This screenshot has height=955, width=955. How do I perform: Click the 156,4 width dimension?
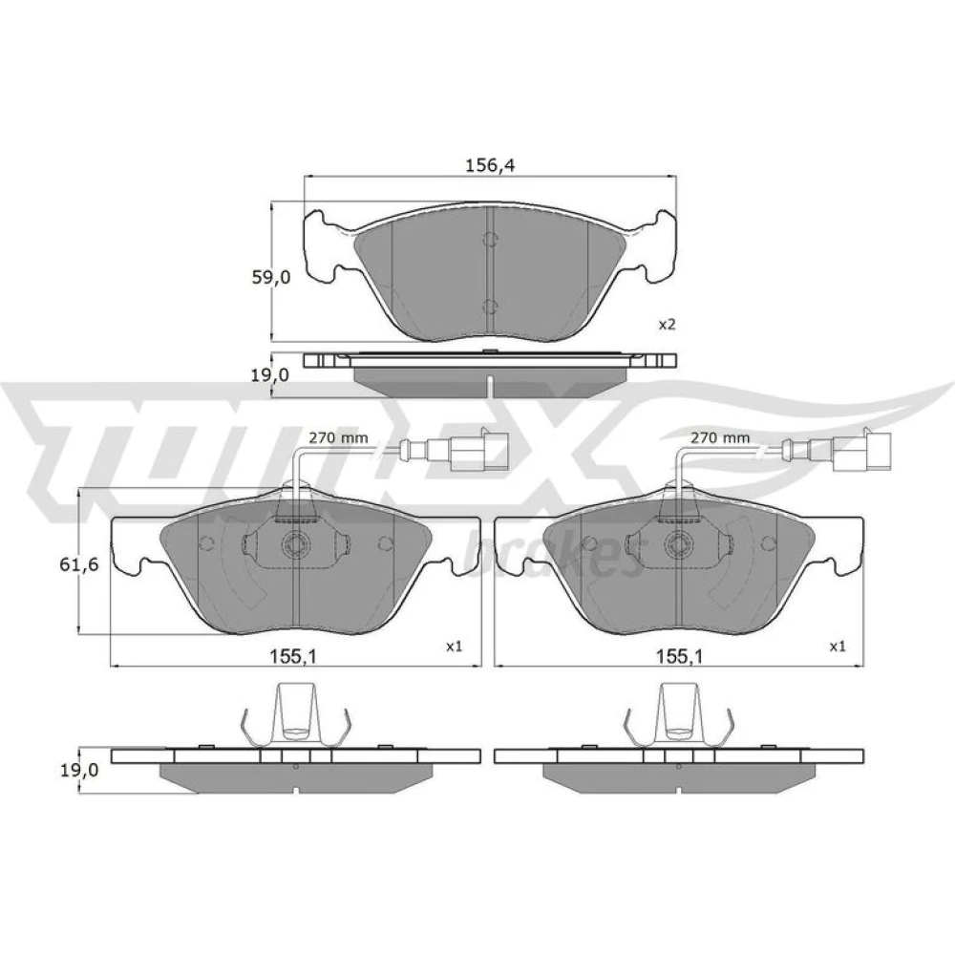point(490,165)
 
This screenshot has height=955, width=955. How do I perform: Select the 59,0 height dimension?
point(271,278)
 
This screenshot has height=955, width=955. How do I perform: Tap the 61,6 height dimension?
point(78,564)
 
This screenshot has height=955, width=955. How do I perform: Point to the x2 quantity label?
point(668,324)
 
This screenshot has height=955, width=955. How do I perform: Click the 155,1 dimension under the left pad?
point(293,656)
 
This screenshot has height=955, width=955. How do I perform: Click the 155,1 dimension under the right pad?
point(680,656)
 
